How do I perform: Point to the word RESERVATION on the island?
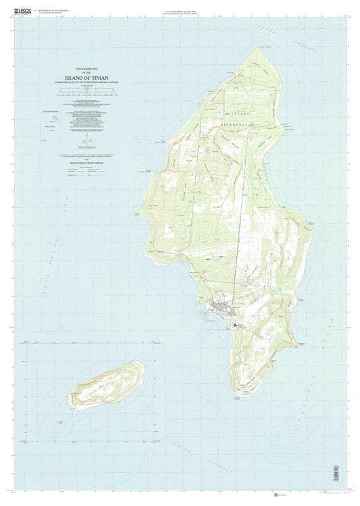[x=236, y=126]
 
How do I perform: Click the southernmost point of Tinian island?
[x=238, y=399]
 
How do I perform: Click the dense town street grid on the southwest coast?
[x=222, y=310]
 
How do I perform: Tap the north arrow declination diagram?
[x=86, y=143]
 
